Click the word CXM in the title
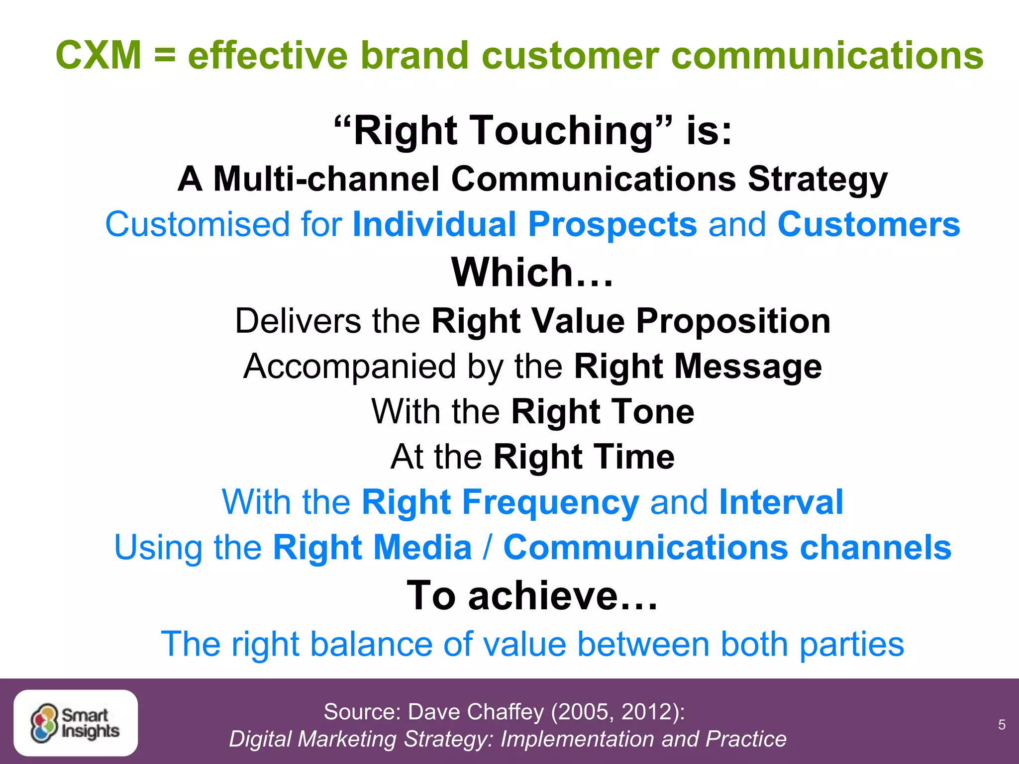click(x=99, y=55)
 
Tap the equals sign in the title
click(x=165, y=56)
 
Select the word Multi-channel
click(x=326, y=179)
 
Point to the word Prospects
click(x=612, y=225)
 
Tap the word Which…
click(x=532, y=273)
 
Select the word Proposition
click(x=733, y=321)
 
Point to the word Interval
click(x=781, y=502)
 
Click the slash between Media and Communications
click(x=488, y=548)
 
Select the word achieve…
click(x=563, y=596)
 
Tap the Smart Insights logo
click(x=76, y=723)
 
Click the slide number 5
click(x=1002, y=725)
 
